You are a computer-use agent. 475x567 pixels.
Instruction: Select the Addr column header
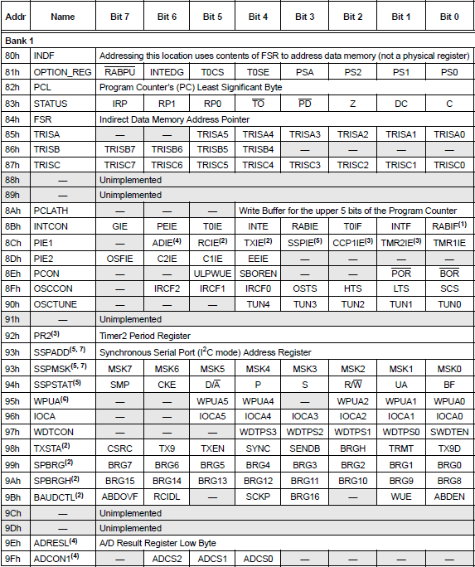15,17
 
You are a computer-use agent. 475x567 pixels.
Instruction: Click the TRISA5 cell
213,134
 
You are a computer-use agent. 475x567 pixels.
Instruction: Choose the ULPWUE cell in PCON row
213,273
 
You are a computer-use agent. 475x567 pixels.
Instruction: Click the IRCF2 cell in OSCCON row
167,288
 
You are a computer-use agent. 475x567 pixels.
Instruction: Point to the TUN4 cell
259,304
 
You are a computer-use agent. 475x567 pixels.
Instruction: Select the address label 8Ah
13,211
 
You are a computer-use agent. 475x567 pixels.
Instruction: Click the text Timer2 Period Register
146,335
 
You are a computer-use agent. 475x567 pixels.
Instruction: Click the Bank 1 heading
20,40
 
